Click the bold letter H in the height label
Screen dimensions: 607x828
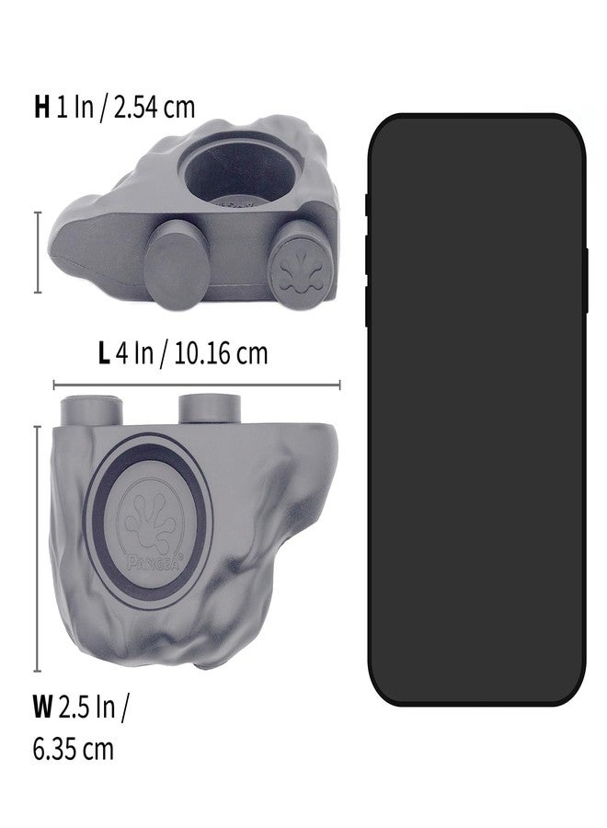click(x=41, y=107)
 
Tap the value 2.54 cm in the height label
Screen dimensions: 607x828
click(x=155, y=107)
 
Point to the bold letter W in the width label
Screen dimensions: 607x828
click(x=42, y=707)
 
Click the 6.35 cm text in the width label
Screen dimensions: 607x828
click(x=73, y=749)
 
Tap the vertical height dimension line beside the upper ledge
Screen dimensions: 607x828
click(x=38, y=252)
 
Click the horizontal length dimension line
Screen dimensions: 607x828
click(x=197, y=385)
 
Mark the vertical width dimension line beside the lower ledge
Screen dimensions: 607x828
click(x=38, y=548)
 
